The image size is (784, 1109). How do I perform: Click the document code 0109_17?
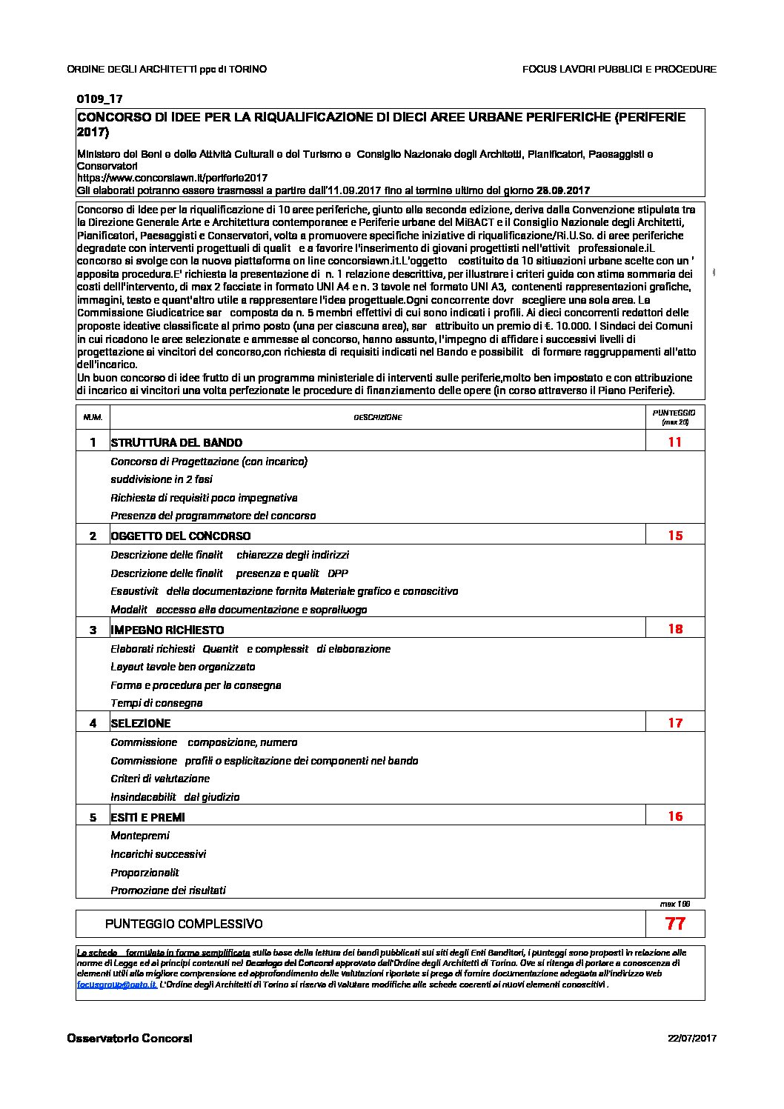(x=99, y=99)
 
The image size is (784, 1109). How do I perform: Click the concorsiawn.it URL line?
(x=172, y=178)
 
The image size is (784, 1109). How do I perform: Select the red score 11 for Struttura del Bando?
(x=674, y=442)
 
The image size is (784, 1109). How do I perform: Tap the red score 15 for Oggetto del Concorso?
(x=675, y=535)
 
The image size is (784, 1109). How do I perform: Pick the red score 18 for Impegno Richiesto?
(x=675, y=629)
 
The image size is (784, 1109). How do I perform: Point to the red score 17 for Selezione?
(x=675, y=722)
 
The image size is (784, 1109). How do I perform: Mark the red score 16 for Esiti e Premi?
(x=675, y=816)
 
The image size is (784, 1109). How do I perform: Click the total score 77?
(x=675, y=924)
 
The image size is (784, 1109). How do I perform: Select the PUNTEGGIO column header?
(x=674, y=416)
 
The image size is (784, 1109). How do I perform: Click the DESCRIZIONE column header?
(x=378, y=417)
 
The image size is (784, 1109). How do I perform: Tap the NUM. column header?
(x=93, y=417)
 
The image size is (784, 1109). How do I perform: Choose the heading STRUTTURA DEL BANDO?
(x=176, y=443)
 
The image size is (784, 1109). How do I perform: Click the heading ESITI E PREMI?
(x=147, y=818)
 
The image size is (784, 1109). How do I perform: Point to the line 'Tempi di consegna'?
(x=156, y=703)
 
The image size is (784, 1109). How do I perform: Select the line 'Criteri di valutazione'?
(x=160, y=779)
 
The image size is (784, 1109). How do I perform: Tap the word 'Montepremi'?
(x=140, y=836)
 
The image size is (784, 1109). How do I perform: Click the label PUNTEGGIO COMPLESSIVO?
(x=184, y=924)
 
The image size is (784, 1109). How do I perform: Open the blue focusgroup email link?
(x=117, y=985)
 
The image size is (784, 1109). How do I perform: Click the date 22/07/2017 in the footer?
(x=692, y=1039)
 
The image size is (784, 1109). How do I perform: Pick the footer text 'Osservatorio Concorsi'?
(x=130, y=1039)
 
